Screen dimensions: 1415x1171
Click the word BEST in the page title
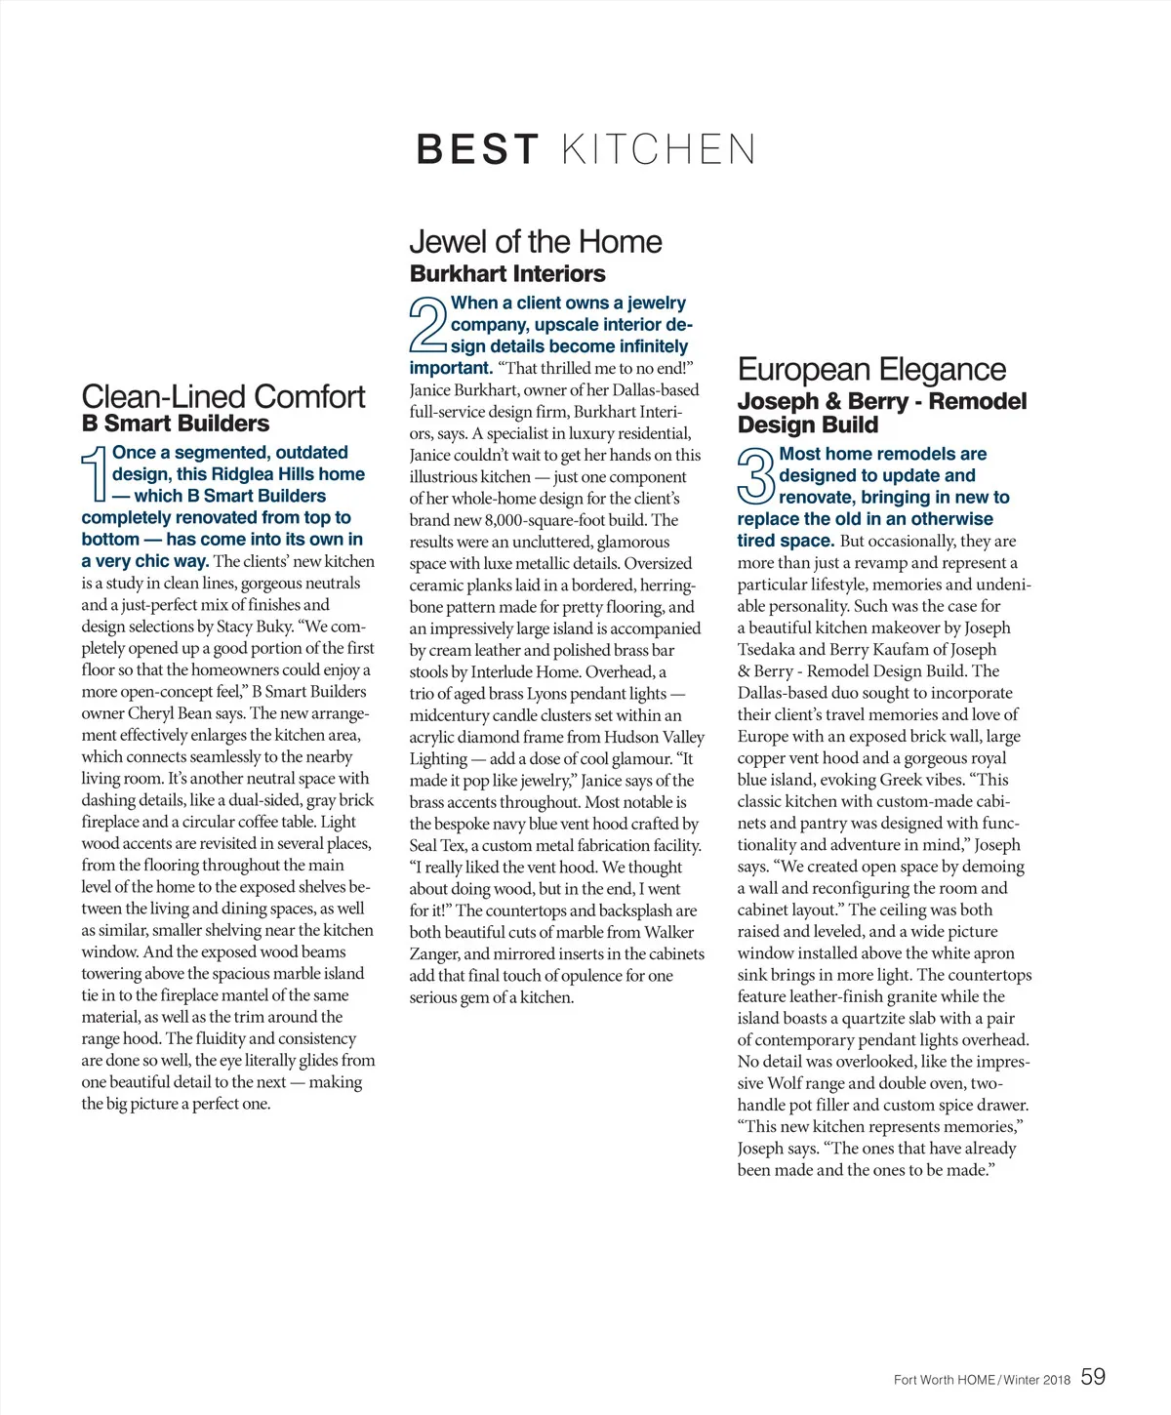click(477, 149)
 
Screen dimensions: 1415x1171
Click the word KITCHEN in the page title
click(659, 149)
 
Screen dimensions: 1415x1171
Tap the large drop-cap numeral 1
click(95, 475)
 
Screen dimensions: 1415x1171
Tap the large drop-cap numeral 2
click(427, 325)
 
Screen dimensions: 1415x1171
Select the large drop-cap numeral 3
click(756, 476)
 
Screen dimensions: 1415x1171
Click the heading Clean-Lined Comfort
click(223, 396)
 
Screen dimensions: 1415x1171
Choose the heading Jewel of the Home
click(536, 241)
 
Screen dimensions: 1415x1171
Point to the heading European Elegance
click(871, 369)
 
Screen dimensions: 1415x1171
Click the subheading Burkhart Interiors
click(507, 273)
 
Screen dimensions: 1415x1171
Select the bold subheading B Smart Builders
click(176, 424)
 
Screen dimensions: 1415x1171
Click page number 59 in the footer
click(1093, 1377)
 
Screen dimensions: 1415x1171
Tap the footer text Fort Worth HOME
click(944, 1380)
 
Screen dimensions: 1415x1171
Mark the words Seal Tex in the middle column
click(437, 845)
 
